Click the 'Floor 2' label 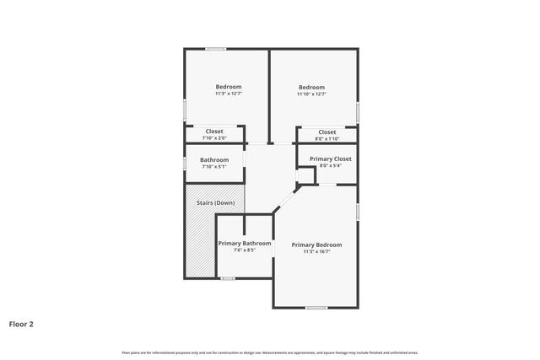pyautogui.click(x=21, y=323)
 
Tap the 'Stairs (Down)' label pyautogui.click(x=215, y=203)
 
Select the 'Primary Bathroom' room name pyautogui.click(x=245, y=244)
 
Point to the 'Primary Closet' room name pyautogui.click(x=331, y=159)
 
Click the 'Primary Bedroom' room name pyautogui.click(x=316, y=244)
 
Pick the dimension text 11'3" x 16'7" pyautogui.click(x=316, y=251)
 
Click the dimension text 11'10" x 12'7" pyautogui.click(x=311, y=94)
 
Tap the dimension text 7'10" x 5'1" pyautogui.click(x=214, y=167)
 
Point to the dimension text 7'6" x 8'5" pyautogui.click(x=245, y=250)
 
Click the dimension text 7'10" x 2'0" pyautogui.click(x=214, y=138)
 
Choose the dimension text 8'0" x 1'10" pyautogui.click(x=327, y=139)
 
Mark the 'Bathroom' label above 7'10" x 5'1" pyautogui.click(x=214, y=160)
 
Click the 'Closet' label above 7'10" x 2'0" pyautogui.click(x=214, y=132)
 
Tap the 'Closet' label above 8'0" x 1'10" pyautogui.click(x=327, y=132)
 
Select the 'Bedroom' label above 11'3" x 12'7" pyautogui.click(x=229, y=87)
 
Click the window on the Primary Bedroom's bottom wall pyautogui.click(x=316, y=308)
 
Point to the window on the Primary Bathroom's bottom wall pyautogui.click(x=227, y=278)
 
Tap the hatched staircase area pyautogui.click(x=200, y=244)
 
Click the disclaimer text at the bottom pyautogui.click(x=270, y=352)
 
